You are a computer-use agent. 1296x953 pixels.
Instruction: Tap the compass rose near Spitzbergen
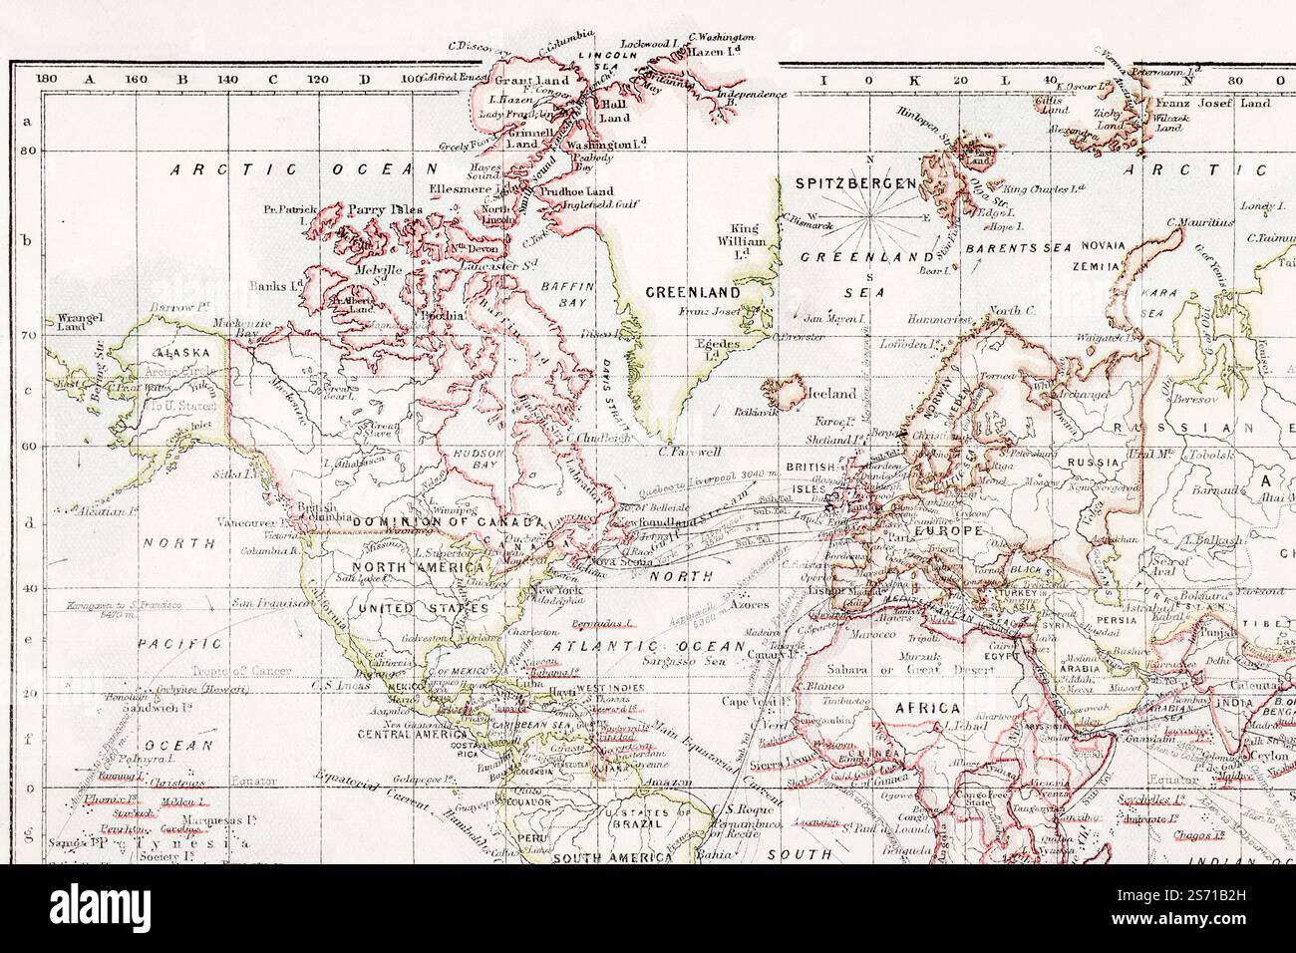point(870,215)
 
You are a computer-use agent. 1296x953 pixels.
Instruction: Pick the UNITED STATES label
point(423,607)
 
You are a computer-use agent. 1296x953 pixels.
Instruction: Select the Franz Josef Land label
point(1224,103)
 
